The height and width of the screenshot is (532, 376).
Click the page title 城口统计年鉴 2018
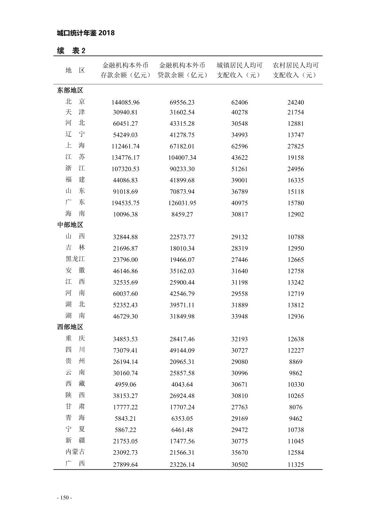coord(86,33)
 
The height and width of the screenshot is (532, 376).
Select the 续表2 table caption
coord(71,51)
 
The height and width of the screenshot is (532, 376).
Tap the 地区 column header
coord(75,70)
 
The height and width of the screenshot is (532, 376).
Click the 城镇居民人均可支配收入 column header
coord(239,70)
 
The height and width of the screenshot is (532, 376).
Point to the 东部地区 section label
coord(70,90)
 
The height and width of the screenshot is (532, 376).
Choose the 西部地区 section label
coord(70,327)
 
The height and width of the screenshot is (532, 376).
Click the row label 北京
coord(75,102)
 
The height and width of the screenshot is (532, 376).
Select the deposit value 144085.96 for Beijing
coord(125,103)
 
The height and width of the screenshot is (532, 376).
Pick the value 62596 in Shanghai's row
coord(239,146)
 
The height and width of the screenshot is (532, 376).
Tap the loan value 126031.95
coord(182,203)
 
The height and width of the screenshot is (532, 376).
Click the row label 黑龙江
coord(75,259)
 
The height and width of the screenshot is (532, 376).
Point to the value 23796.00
coord(125,260)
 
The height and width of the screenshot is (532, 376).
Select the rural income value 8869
coord(296,362)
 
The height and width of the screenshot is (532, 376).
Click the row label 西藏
coord(75,384)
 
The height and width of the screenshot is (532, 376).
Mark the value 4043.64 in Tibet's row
coord(182,384)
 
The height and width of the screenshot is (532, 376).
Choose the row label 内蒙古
coord(75,452)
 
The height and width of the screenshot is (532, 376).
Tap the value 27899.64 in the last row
coord(125,465)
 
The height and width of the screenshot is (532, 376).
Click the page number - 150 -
coord(64,498)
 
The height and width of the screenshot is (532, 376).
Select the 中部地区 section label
coord(70,225)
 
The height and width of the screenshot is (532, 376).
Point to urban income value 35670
coord(239,453)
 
